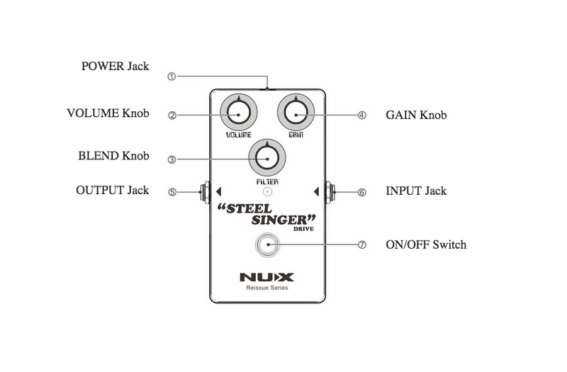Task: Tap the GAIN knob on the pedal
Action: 296,113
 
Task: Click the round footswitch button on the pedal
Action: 267,245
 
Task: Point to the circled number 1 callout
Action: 171,76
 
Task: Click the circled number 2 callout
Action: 171,114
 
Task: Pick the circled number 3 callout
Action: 171,159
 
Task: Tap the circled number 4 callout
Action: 362,114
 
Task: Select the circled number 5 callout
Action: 171,191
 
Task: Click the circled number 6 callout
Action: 362,191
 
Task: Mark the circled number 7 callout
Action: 362,245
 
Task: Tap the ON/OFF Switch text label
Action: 426,245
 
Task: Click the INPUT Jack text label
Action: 416,191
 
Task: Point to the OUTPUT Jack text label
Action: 113,191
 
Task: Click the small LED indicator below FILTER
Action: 267,191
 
